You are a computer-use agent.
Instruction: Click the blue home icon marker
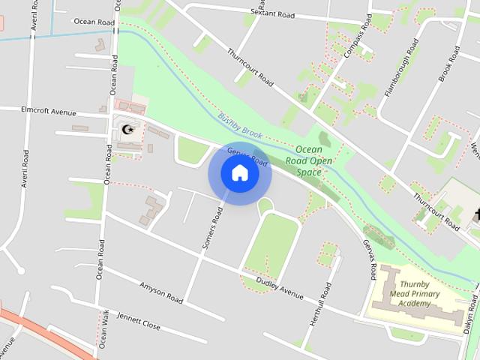click(240, 173)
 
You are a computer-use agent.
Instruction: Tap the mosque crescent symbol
click(128, 130)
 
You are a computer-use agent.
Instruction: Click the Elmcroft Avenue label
click(49, 111)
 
